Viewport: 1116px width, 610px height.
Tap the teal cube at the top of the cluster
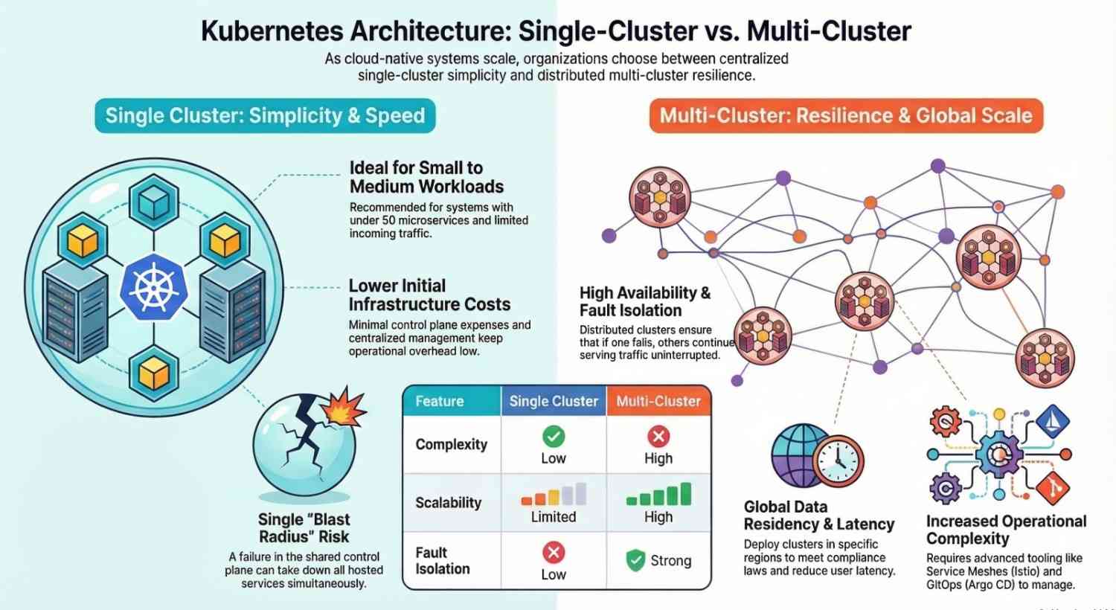(x=155, y=200)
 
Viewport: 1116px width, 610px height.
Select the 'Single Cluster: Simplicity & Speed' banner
(x=265, y=116)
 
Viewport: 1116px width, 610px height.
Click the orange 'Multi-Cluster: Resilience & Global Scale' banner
(x=846, y=116)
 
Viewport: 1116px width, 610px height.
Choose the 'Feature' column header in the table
(x=439, y=402)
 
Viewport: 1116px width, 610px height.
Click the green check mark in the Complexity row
(x=554, y=436)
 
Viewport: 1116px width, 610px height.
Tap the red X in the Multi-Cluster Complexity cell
(x=658, y=436)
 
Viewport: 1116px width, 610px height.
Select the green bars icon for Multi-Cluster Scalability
(x=658, y=495)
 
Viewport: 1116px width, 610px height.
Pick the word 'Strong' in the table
(x=671, y=561)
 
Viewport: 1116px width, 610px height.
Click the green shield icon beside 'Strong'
(x=635, y=560)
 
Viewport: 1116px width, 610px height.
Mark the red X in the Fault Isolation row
(x=554, y=552)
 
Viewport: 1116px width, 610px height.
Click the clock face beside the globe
(x=837, y=460)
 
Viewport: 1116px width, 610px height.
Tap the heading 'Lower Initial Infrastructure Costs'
(x=429, y=295)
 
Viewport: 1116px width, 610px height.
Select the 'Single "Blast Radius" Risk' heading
(x=304, y=528)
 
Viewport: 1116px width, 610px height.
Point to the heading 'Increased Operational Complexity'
(x=1006, y=530)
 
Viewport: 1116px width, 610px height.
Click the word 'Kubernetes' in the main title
(x=273, y=31)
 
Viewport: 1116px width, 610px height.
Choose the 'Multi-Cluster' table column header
(x=658, y=402)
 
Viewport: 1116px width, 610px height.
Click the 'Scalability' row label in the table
(x=448, y=503)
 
